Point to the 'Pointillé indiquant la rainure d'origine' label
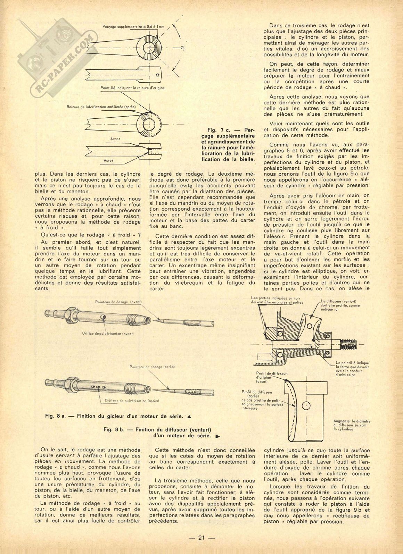click(x=132, y=88)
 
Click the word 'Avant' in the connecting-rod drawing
click(x=115, y=139)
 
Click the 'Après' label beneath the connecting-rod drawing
click(x=109, y=160)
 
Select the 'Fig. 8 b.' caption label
click(x=114, y=429)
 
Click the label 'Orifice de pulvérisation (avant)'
click(x=108, y=333)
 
